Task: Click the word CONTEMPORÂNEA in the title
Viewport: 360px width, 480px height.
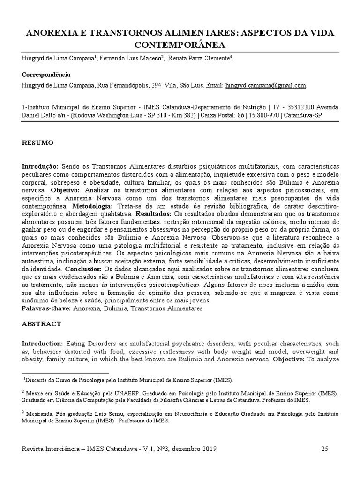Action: [x=180, y=45]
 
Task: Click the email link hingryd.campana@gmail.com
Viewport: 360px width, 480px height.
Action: [x=266, y=86]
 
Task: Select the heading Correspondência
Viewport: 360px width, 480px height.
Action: [x=46, y=75]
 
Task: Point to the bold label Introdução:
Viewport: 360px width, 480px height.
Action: [x=40, y=167]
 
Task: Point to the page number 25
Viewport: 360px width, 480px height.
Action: [x=325, y=449]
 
